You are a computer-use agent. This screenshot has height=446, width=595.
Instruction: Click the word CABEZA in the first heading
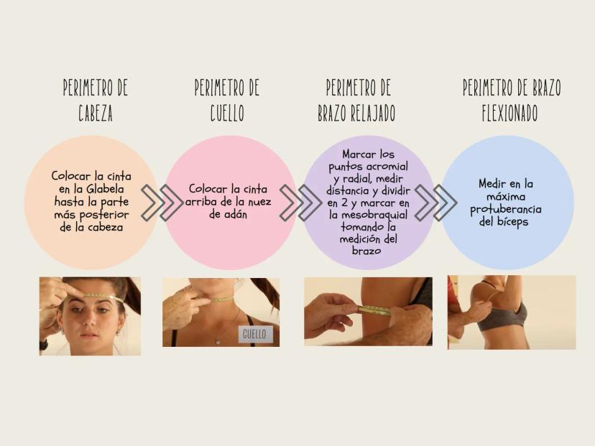pos(96,113)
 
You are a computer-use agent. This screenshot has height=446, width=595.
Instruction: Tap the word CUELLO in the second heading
pos(227,113)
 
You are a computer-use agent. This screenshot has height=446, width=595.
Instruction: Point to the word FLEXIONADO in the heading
pos(509,113)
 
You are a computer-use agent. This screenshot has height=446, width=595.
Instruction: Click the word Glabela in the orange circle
pos(105,189)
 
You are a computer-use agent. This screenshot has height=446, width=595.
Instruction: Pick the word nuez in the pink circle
pos(259,202)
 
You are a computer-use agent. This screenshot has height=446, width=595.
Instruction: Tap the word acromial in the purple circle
pos(387,166)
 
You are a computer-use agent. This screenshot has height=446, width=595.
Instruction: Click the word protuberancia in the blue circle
pos(505,210)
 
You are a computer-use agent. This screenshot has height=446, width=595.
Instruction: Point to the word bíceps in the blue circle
pos(512,222)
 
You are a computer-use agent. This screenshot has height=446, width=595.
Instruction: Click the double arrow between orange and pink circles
pos(162,203)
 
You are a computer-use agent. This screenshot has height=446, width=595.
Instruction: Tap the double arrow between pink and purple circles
pos(300,203)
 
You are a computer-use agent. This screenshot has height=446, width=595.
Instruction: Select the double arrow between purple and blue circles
pos(435,203)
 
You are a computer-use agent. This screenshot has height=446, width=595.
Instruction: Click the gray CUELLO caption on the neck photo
pos(255,334)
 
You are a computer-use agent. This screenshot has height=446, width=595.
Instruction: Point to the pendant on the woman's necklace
pos(218,342)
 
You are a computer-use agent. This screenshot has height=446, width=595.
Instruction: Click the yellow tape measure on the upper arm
pos(374,310)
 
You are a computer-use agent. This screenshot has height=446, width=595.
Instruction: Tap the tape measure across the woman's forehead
pos(98,297)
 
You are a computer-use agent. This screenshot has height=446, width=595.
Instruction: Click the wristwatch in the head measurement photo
pos(44,345)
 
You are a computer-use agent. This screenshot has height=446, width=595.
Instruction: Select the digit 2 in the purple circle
pos(343,203)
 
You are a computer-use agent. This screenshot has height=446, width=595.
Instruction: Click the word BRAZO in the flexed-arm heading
pos(545,88)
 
